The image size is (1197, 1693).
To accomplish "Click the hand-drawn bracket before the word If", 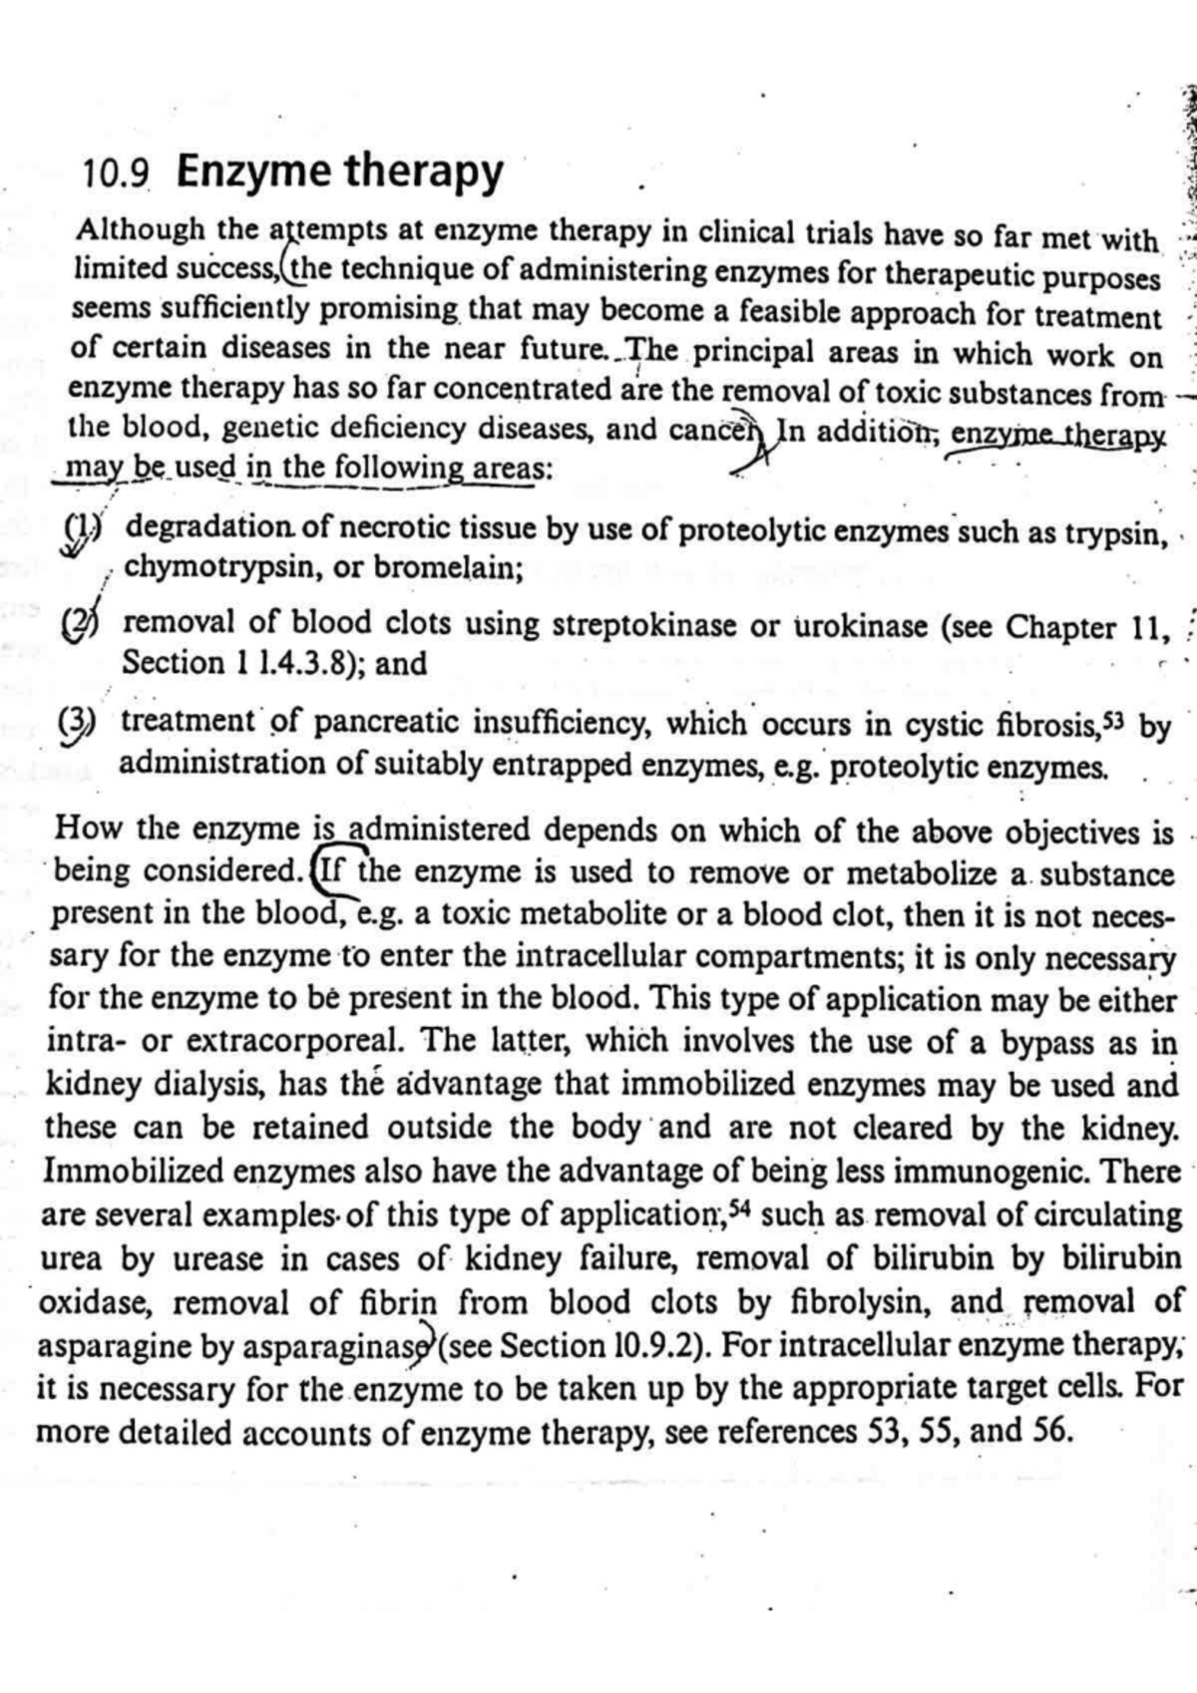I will (320, 870).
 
